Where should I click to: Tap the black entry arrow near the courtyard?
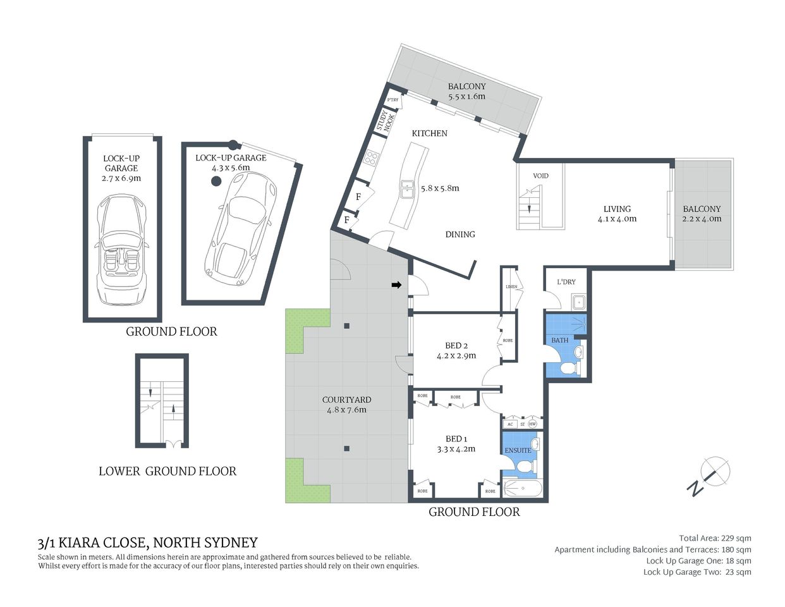point(396,286)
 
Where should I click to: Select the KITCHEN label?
point(429,133)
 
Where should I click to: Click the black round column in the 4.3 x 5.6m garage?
point(216,181)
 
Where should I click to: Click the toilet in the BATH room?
point(570,369)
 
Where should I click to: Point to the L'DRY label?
point(566,282)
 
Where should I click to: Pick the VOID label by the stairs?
point(540,176)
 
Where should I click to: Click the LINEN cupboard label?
point(511,287)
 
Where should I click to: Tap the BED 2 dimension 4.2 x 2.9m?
point(456,356)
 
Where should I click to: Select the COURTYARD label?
point(346,400)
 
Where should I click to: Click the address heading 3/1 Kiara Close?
point(148,543)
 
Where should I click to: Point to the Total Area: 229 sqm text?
point(715,538)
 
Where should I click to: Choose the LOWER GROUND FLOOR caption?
point(167,471)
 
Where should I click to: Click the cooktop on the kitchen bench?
point(370,157)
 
